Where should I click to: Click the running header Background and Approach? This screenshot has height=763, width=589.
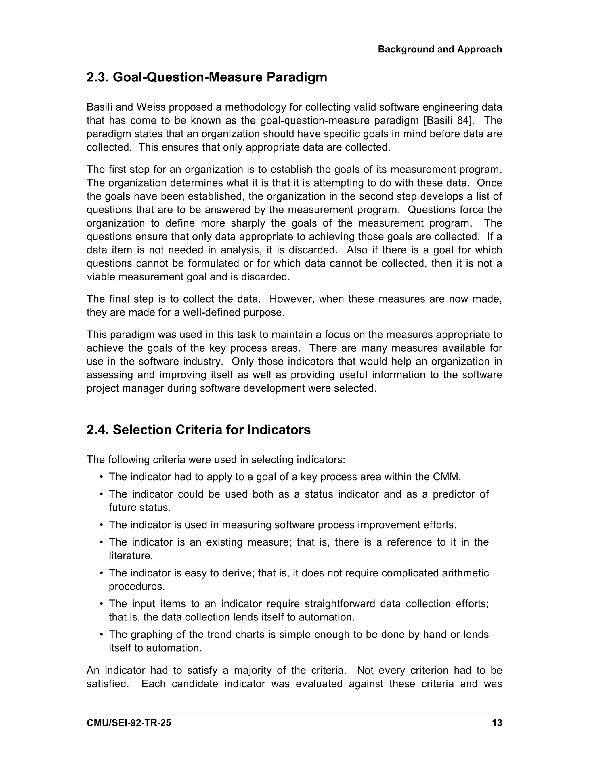(440, 49)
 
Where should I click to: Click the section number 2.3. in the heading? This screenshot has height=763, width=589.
(98, 77)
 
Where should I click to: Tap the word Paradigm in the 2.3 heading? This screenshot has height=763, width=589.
(297, 77)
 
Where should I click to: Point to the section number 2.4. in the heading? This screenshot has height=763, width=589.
(98, 430)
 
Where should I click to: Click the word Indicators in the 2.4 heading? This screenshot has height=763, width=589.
(279, 430)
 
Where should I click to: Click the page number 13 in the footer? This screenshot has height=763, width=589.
(496, 723)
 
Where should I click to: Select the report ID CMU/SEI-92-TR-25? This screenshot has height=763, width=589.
(129, 723)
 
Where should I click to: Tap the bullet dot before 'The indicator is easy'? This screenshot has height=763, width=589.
(101, 573)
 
